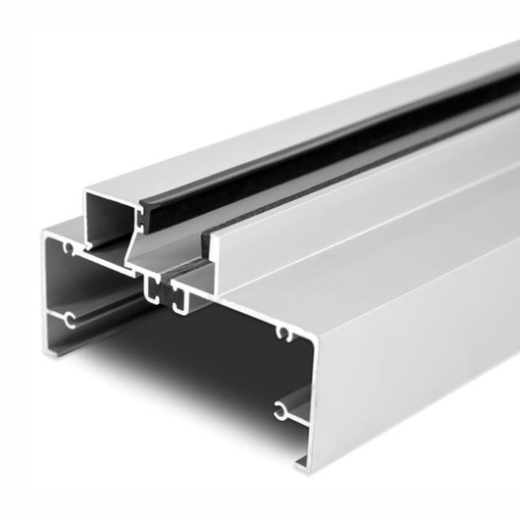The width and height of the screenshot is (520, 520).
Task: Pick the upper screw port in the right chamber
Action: (x=285, y=335)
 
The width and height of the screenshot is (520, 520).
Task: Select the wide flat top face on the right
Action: (x=392, y=245)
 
